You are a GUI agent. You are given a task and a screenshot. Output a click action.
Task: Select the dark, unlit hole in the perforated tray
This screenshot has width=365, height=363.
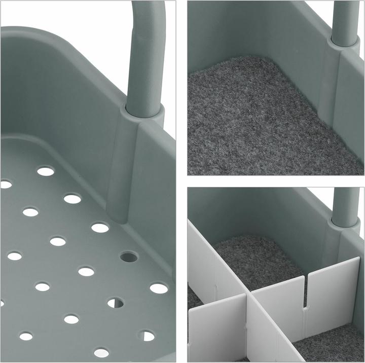(129, 257)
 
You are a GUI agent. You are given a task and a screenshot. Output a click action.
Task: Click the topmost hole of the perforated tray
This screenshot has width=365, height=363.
(46, 171)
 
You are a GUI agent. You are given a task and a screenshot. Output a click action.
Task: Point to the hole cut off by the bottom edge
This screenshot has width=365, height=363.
(101, 352)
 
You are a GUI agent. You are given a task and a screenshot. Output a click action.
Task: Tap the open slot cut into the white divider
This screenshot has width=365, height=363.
(305, 294)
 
